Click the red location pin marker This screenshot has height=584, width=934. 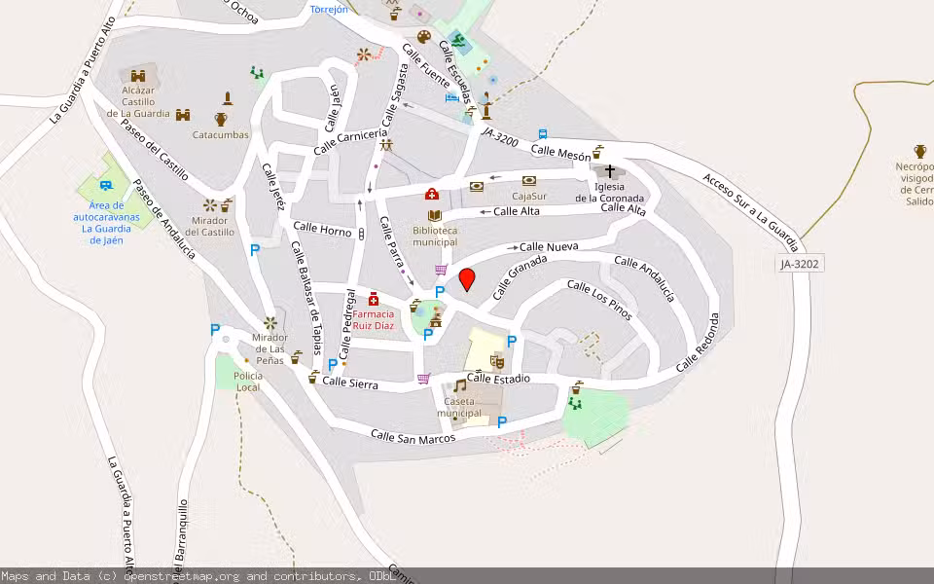point(467,279)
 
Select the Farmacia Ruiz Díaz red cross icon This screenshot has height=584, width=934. point(374,299)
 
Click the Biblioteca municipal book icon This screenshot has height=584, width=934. point(434,215)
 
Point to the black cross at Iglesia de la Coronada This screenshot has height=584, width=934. point(610,171)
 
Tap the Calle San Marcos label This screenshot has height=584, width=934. point(413,436)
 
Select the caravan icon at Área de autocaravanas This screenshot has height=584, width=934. point(113,183)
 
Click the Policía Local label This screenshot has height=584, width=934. point(248,381)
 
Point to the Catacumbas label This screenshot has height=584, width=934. point(221,135)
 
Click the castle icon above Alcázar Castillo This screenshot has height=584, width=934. point(138,75)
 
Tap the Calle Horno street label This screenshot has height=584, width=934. point(322,231)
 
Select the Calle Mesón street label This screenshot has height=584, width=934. point(561,153)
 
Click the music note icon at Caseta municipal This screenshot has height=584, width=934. point(459,385)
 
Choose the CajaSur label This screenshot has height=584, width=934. point(529,196)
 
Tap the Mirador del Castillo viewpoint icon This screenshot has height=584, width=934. point(209,205)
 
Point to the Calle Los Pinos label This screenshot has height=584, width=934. point(599,300)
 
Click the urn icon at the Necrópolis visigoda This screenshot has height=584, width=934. point(920,151)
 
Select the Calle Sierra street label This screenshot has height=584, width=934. point(350,383)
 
